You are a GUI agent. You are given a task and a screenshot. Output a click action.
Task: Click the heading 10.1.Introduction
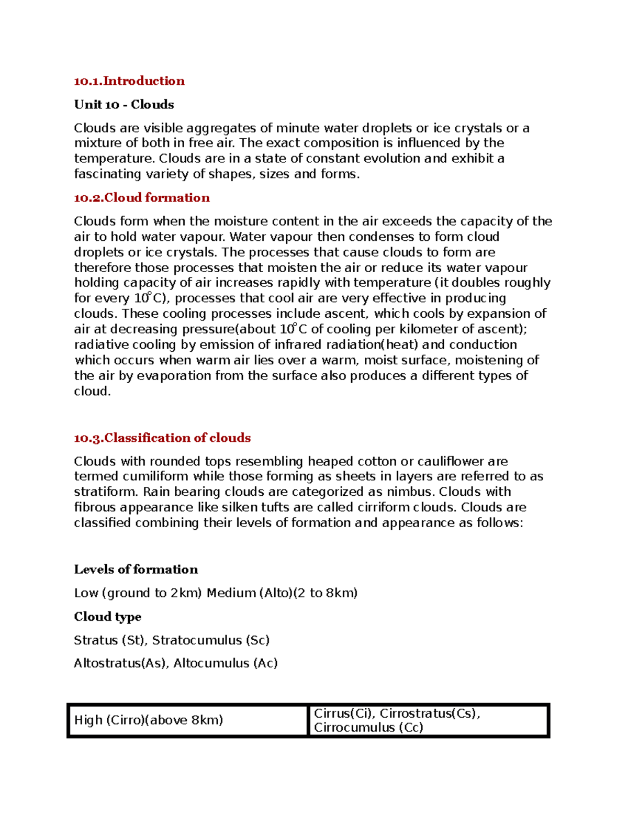[129, 81]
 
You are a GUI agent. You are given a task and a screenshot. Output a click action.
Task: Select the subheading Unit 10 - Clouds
[124, 105]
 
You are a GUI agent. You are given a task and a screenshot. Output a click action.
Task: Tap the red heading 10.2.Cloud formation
[142, 198]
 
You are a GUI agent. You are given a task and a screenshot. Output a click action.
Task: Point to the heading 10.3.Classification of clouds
[162, 438]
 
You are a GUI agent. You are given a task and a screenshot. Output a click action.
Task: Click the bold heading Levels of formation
[136, 570]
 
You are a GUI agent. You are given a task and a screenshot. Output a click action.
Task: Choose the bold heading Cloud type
[108, 617]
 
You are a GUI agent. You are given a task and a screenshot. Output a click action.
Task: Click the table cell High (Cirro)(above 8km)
[149, 720]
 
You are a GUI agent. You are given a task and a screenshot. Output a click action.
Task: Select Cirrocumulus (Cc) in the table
[368, 728]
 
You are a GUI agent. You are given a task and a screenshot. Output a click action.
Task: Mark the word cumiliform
[155, 477]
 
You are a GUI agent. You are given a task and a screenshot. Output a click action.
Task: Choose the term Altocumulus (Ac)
[226, 663]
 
